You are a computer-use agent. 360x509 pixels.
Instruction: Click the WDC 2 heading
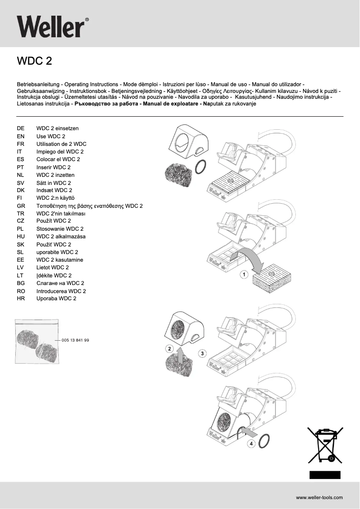coord(34,61)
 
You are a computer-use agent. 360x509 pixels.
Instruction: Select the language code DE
coord(21,128)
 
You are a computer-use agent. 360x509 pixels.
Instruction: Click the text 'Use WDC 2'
coord(51,136)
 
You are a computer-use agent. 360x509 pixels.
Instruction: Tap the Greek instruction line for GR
coord(89,206)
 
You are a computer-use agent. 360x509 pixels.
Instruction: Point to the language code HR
coord(21,298)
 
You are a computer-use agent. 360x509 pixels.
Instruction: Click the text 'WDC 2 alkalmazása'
coord(61,237)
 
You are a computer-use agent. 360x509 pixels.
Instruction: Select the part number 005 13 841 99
coord(75,340)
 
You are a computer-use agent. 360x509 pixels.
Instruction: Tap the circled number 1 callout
coord(244,274)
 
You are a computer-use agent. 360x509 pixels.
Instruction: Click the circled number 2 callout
coord(169,348)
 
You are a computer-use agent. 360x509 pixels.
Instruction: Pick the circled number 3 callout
coord(202,354)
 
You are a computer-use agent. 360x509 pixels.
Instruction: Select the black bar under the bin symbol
coord(325,475)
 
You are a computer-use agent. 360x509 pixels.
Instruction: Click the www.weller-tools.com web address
coord(319,497)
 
